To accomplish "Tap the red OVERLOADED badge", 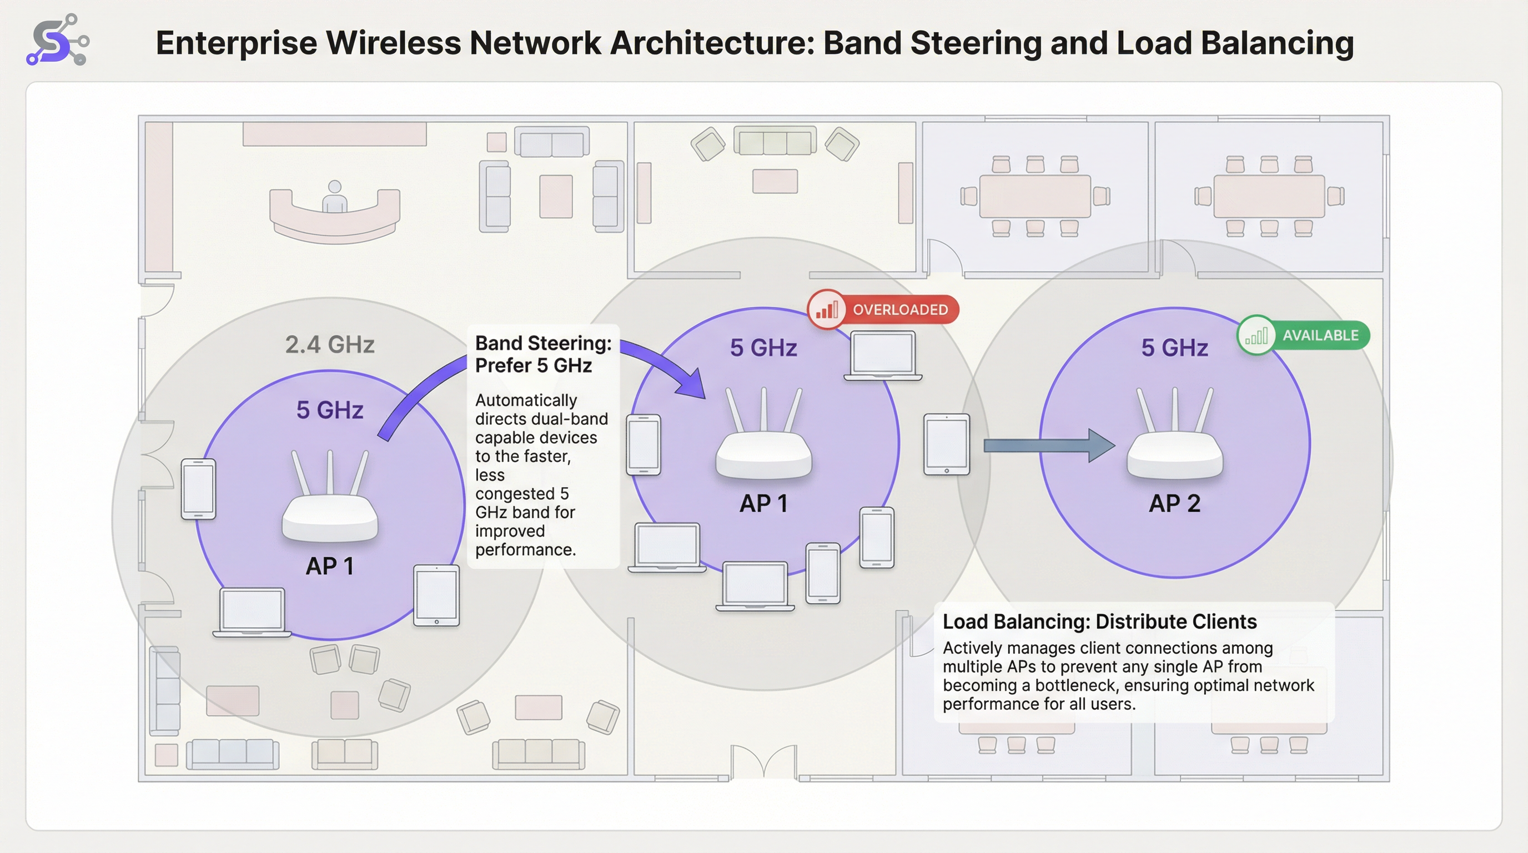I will point(884,309).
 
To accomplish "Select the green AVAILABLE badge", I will point(1304,335).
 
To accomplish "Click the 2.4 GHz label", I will point(330,345).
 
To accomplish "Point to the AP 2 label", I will point(1174,504).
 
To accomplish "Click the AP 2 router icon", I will point(1174,439).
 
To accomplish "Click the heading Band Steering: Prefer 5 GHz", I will point(543,354).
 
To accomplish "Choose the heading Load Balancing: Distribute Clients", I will point(1099,621).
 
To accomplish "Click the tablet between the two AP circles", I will point(946,444).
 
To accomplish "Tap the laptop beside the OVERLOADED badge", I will point(883,356).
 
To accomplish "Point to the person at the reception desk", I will point(335,197).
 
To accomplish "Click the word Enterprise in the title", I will point(236,43).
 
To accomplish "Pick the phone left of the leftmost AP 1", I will point(198,489).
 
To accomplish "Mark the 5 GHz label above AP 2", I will point(1174,348).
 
